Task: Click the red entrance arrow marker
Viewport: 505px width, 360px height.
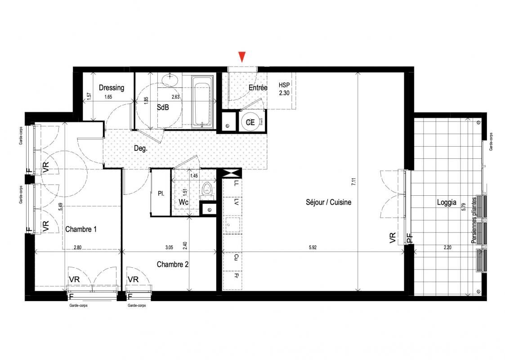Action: [x=242, y=57]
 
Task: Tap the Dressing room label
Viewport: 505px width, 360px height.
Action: [x=112, y=88]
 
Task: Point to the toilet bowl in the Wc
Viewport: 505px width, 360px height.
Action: [x=207, y=189]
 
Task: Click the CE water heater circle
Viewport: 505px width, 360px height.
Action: [x=250, y=121]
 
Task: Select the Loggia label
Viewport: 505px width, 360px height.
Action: [x=447, y=202]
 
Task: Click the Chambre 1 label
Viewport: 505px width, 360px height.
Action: [x=81, y=229]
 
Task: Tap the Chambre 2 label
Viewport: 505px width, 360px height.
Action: [x=173, y=265]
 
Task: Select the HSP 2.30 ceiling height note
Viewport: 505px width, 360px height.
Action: [x=284, y=88]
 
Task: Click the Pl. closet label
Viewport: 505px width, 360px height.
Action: [x=161, y=194]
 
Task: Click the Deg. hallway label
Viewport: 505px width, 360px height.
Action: [x=140, y=148]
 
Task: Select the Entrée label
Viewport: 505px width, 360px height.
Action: [x=258, y=88]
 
